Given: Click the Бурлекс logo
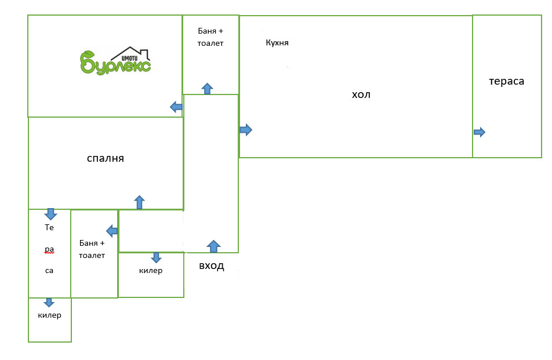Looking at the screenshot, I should pyautogui.click(x=115, y=61).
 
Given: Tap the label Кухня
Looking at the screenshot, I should pyautogui.click(x=277, y=43).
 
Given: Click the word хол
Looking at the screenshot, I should pyautogui.click(x=361, y=94).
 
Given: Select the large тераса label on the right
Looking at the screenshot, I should pyautogui.click(x=506, y=81).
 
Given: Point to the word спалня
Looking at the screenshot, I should pyautogui.click(x=106, y=158).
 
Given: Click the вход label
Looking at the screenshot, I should pyautogui.click(x=211, y=266).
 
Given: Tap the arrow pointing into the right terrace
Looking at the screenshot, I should pyautogui.click(x=479, y=132).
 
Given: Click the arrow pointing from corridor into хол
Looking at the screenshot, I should pyautogui.click(x=246, y=130).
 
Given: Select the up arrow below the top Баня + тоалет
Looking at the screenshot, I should pyautogui.click(x=207, y=88).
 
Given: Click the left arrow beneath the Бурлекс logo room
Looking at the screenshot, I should pyautogui.click(x=176, y=107).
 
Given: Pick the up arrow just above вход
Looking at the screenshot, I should pyautogui.click(x=213, y=246).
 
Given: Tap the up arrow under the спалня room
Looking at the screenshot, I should pyautogui.click(x=139, y=202).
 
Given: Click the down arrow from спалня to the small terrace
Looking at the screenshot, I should pyautogui.click(x=50, y=214).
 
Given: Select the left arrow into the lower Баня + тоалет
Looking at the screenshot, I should pyautogui.click(x=112, y=231).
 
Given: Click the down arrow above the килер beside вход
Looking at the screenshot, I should pyautogui.click(x=156, y=257).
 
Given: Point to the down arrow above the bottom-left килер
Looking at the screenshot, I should pyautogui.click(x=49, y=302).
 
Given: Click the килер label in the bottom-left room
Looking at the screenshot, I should pyautogui.click(x=49, y=315).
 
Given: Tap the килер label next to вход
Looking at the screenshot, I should pyautogui.click(x=151, y=271).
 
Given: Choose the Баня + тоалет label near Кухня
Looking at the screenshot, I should pyautogui.click(x=210, y=37).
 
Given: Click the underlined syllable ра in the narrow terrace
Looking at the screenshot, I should pyautogui.click(x=49, y=249).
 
